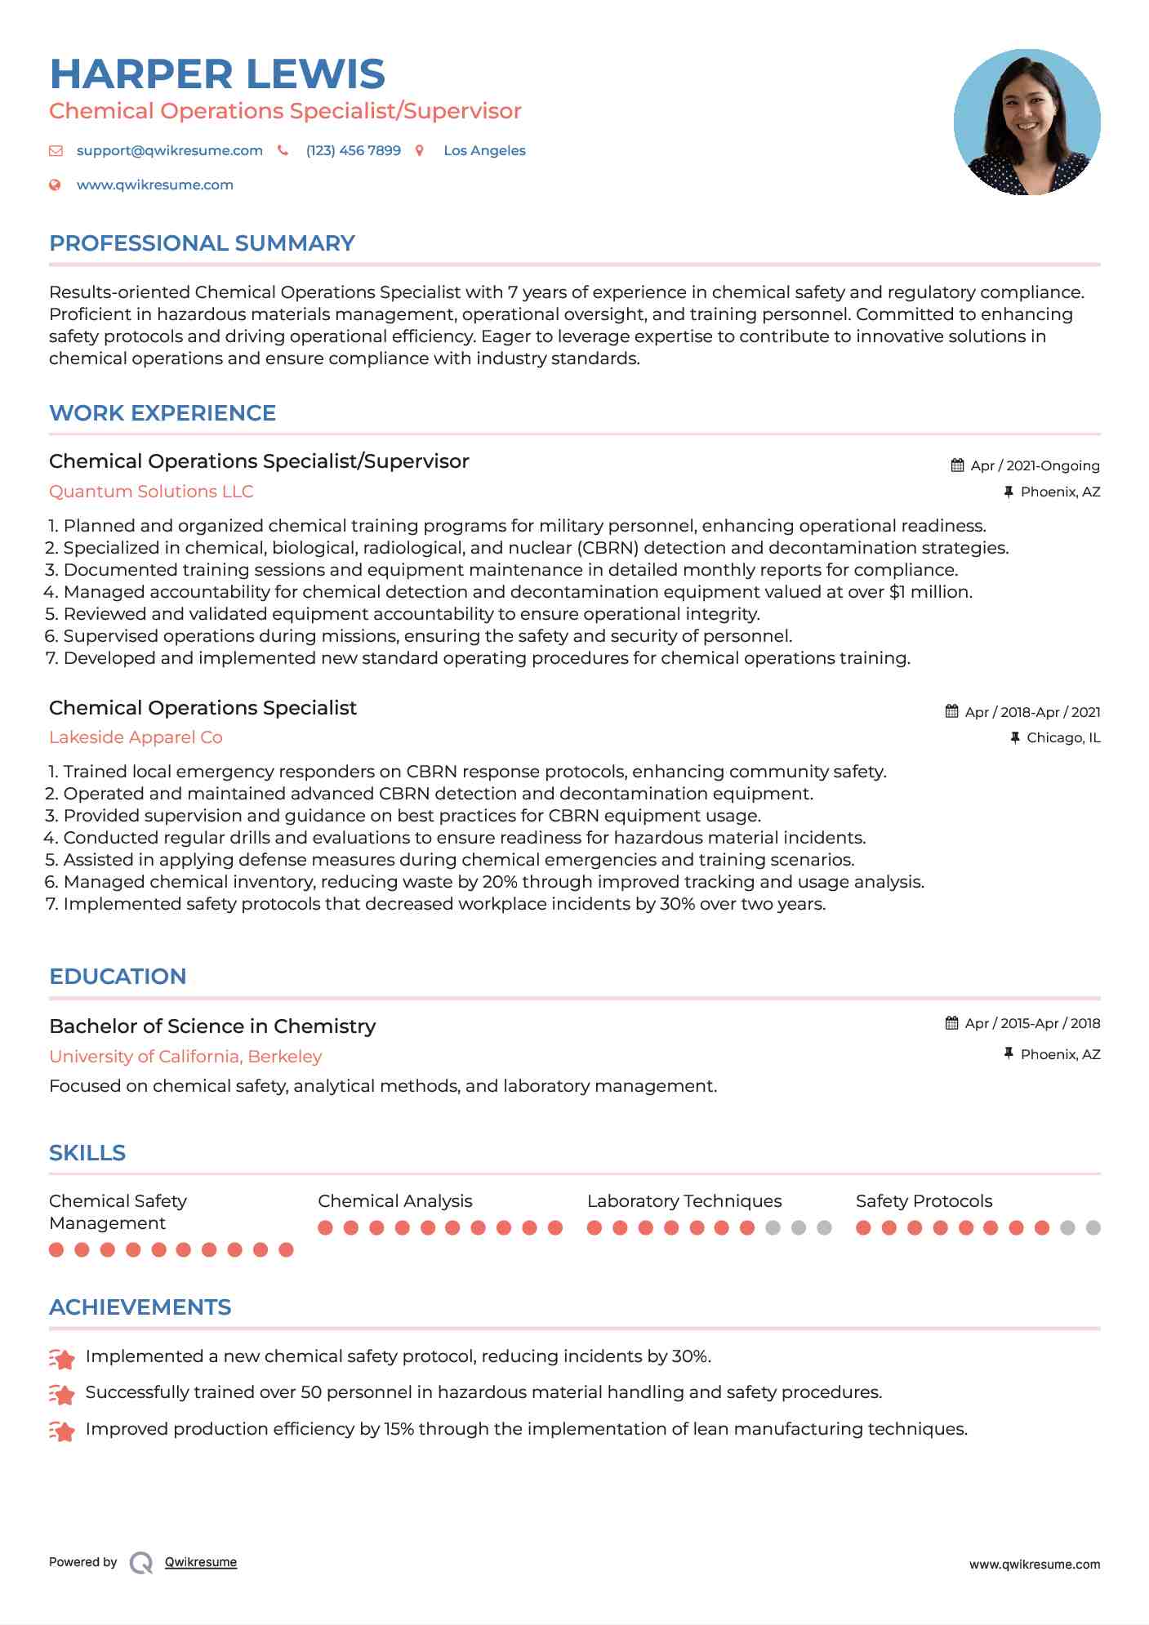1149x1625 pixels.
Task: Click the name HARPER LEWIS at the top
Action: click(x=217, y=74)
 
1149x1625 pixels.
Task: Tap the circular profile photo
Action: click(x=1027, y=122)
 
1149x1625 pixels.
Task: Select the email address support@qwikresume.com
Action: click(x=169, y=151)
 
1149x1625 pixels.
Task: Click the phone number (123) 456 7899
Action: click(x=353, y=151)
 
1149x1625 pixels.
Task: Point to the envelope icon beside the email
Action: click(x=56, y=151)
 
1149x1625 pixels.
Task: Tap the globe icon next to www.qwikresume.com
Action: click(x=55, y=185)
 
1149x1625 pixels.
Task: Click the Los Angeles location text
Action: click(x=484, y=151)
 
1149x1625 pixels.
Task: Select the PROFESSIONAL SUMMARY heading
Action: click(x=202, y=243)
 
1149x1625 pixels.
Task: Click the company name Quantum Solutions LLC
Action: click(x=151, y=492)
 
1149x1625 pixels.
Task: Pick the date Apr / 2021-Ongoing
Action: click(x=1035, y=466)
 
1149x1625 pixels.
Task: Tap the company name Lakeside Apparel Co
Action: click(x=136, y=737)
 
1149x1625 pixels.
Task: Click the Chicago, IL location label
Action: click(x=1063, y=738)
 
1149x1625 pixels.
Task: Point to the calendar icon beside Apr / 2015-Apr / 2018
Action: click(x=951, y=1023)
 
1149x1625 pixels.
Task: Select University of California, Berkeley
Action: click(x=185, y=1057)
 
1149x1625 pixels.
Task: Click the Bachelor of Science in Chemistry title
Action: click(x=212, y=1026)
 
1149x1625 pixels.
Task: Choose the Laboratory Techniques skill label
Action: click(x=684, y=1201)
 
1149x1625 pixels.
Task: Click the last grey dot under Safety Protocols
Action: click(x=1093, y=1227)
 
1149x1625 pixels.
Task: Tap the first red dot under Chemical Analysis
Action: click(x=325, y=1227)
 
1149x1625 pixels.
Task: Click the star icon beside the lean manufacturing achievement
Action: click(x=62, y=1430)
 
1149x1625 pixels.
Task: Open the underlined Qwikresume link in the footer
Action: click(x=201, y=1562)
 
